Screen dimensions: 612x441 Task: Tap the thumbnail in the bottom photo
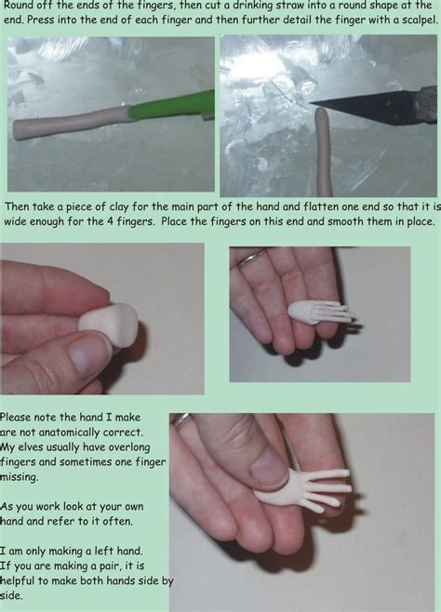point(266,465)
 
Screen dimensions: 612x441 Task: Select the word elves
point(36,447)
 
